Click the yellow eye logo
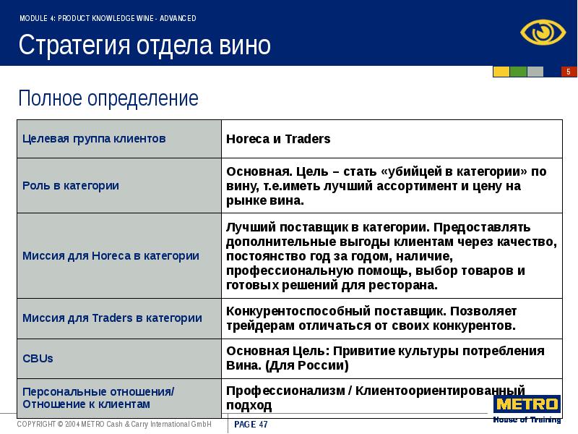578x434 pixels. [540, 32]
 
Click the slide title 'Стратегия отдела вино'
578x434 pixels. [144, 46]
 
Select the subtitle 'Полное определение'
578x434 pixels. [108, 98]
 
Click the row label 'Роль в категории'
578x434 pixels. [71, 185]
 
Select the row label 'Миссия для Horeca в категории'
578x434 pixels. [111, 255]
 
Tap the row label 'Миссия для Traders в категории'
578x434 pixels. [112, 318]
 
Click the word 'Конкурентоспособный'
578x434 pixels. [287, 310]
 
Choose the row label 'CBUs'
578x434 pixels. [38, 358]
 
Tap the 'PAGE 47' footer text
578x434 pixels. [251, 425]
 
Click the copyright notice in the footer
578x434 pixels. [114, 425]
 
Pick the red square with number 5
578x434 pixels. [569, 72]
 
